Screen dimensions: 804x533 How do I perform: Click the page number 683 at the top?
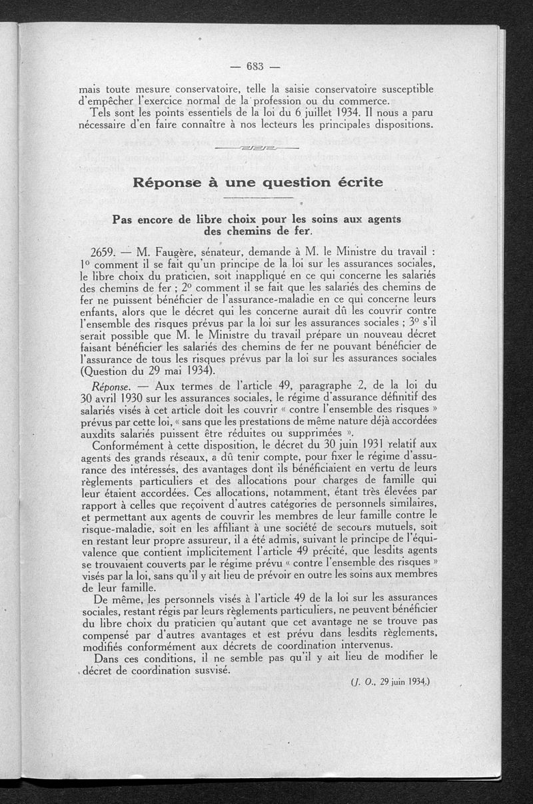[x=256, y=65]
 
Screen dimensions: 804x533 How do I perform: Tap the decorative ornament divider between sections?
[x=257, y=147]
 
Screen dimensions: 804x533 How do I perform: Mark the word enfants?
[x=99, y=312]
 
